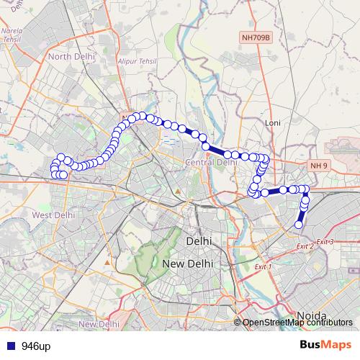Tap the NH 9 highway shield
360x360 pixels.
coord(319,166)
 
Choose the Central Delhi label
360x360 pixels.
coord(211,163)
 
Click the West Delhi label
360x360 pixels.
coord(54,215)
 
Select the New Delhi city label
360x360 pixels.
coord(189,264)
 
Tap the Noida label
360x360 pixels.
coord(312,316)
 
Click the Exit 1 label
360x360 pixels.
coord(263,266)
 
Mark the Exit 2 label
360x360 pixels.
coord(305,246)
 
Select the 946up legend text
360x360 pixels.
coord(36,346)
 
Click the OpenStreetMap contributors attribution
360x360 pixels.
coord(297,323)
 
